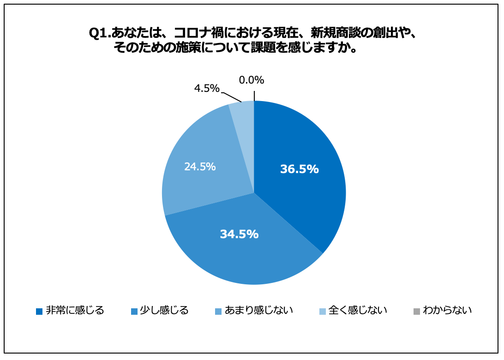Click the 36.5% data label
coord(299,169)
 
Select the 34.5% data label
coord(239,234)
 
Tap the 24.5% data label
coord(200,167)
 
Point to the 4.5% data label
coord(206,89)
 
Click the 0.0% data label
coord(251,80)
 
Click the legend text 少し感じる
coord(164,310)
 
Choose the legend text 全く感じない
coord(358,310)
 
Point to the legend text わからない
coord(447,310)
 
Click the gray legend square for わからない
coord(417,311)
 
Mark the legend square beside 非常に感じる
coord(39,311)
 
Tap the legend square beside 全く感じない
coord(323,311)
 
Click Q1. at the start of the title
coord(99,34)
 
